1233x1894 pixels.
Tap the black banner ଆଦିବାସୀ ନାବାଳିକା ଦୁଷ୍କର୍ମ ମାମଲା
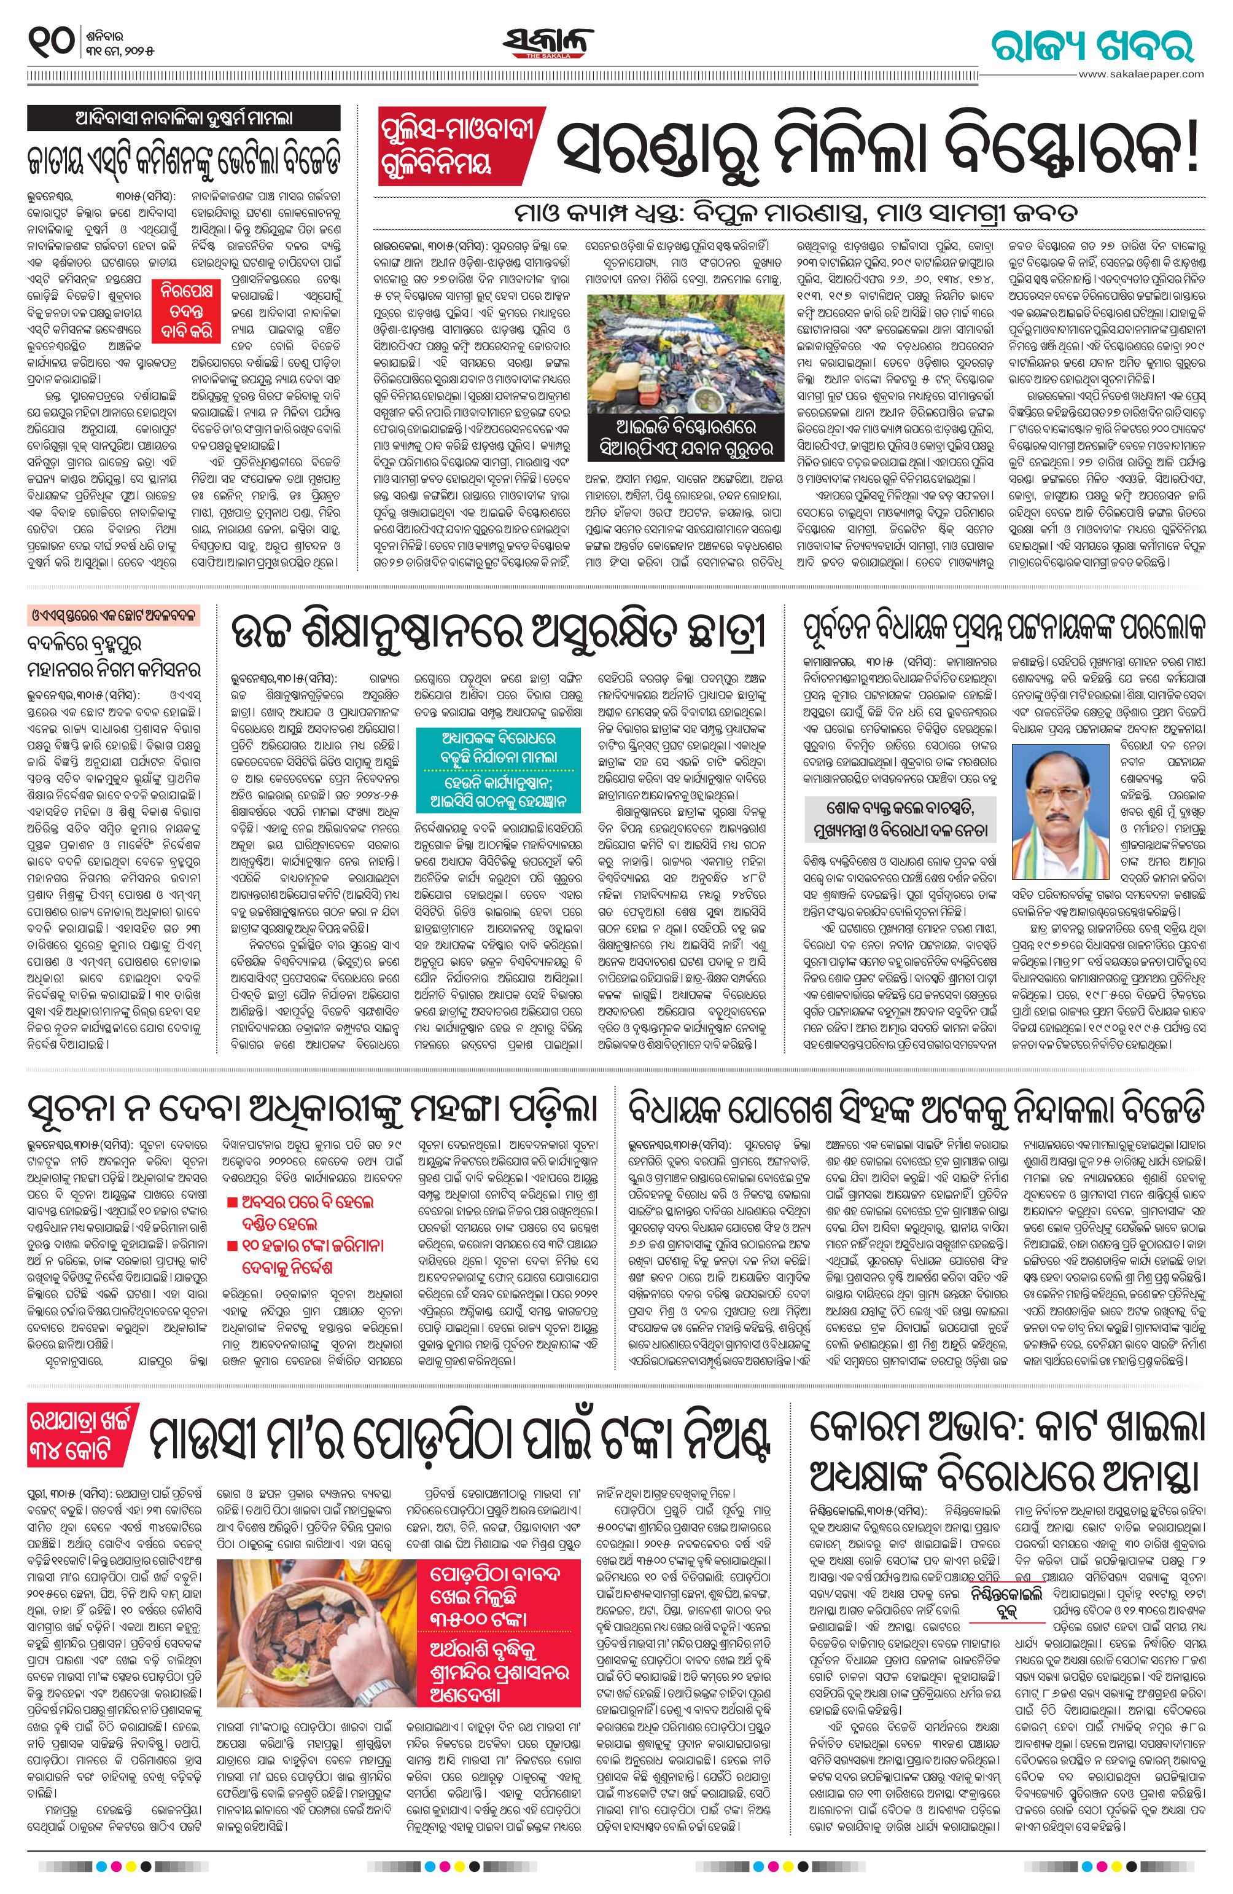pos(184,118)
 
